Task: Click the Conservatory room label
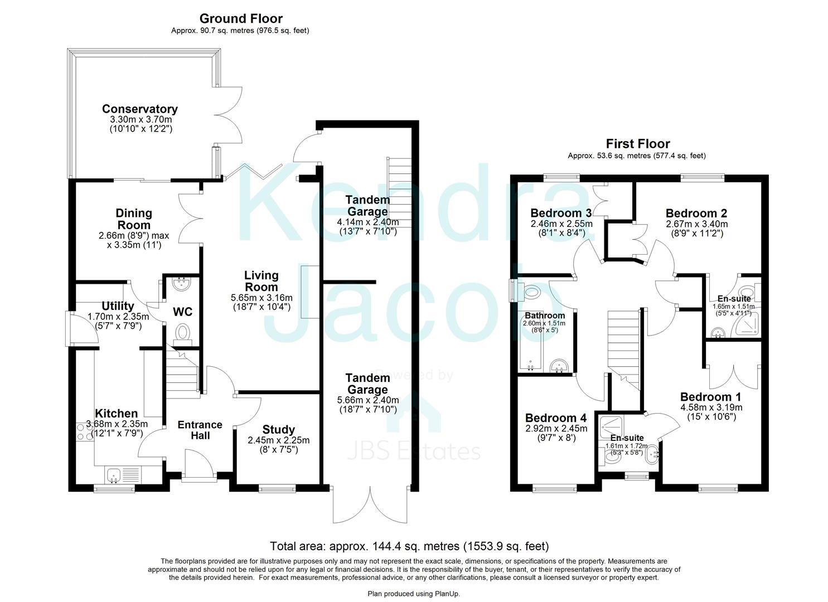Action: coord(140,109)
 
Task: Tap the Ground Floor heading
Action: coord(241,18)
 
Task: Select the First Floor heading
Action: coord(638,143)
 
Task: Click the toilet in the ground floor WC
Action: coord(182,333)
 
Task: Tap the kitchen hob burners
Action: coord(85,432)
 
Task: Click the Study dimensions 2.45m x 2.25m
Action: coord(278,440)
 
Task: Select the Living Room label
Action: coord(262,281)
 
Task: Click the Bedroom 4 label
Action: coord(555,418)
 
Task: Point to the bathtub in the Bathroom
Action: coord(530,342)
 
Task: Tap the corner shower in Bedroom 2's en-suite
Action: coord(746,325)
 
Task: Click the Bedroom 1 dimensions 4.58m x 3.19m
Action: coord(711,407)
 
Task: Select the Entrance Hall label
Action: coord(200,430)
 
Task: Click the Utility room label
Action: coord(118,306)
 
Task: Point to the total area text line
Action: coord(409,546)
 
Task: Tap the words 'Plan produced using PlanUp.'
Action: coord(414,594)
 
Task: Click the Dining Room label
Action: coord(133,219)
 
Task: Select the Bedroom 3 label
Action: coord(561,213)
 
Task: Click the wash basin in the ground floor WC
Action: coord(181,284)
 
